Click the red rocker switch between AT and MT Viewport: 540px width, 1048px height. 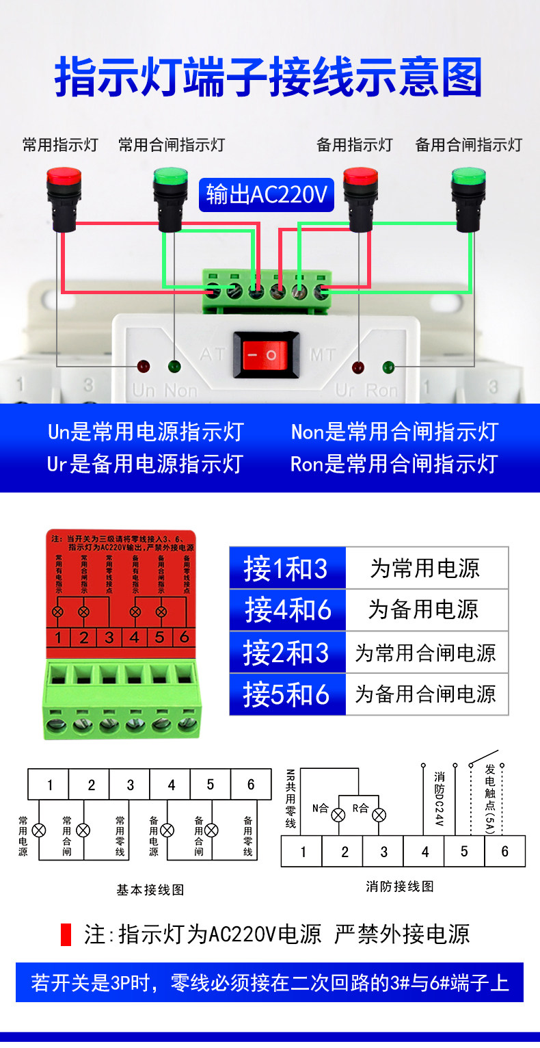click(x=266, y=355)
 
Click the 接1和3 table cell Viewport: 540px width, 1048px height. click(x=287, y=568)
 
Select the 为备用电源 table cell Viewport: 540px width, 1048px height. click(x=427, y=610)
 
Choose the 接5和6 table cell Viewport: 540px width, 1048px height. click(x=287, y=694)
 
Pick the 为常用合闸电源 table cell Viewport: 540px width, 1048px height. click(x=427, y=653)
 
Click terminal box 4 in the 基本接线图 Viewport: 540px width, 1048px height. click(x=171, y=785)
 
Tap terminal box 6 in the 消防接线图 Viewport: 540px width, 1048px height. click(x=504, y=852)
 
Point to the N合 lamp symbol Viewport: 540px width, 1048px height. click(x=338, y=815)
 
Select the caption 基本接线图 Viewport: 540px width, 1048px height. click(x=150, y=890)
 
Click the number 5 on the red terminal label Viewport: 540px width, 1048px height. click(x=159, y=637)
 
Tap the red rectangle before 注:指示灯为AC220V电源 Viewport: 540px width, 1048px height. click(x=66, y=934)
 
